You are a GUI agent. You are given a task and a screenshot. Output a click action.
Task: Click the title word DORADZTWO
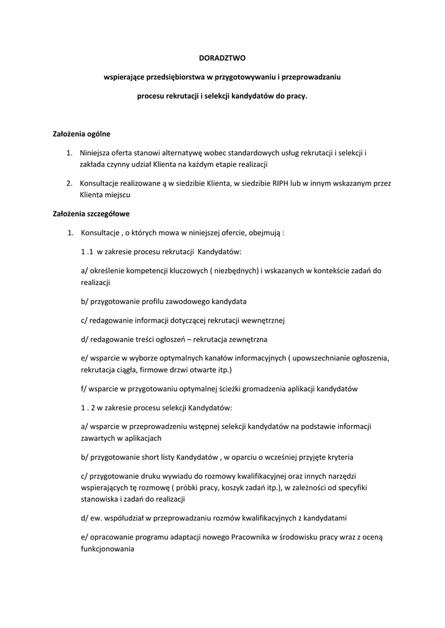coord(222,58)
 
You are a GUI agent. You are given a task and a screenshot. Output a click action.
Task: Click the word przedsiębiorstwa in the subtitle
coord(174,77)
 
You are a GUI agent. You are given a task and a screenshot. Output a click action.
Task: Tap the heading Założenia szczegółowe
coord(90,214)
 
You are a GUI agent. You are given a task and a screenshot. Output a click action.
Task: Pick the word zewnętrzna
coord(247,339)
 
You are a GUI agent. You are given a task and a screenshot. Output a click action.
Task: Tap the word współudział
coord(125,518)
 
